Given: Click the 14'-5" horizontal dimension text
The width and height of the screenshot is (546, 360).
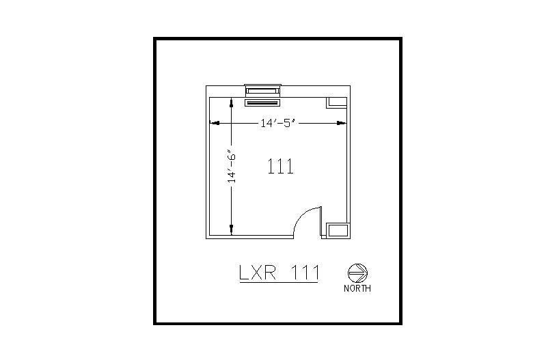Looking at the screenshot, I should [277, 124].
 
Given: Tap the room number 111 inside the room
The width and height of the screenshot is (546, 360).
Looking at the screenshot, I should [280, 167].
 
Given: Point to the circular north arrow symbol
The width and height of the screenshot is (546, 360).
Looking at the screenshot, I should [357, 273].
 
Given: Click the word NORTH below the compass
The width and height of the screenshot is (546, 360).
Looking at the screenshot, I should [357, 288].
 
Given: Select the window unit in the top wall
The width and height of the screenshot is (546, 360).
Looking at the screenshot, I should [263, 89].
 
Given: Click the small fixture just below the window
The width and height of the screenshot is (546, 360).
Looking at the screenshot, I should [263, 103].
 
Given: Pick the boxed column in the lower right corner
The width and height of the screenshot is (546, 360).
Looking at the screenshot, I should [337, 230].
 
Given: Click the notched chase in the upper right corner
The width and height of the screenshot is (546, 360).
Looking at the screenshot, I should [336, 102].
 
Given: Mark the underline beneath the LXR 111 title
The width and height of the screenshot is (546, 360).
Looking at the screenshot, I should [278, 283].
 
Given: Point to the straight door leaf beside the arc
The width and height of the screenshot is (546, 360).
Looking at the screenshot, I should [320, 222].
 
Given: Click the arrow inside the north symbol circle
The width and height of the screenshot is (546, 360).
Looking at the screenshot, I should [358, 273].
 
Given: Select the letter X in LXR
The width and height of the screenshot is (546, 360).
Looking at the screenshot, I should [259, 273].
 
